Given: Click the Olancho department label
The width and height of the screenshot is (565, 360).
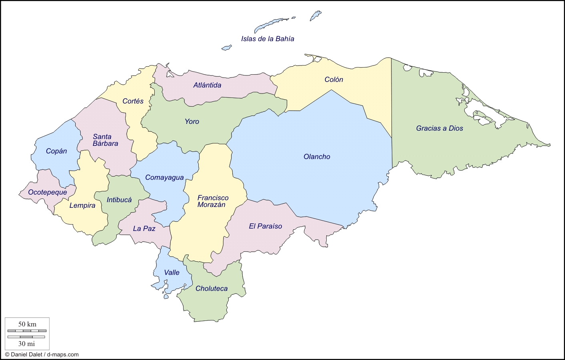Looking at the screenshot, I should [x=317, y=157].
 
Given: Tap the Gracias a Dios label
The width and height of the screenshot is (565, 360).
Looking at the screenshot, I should [x=439, y=128].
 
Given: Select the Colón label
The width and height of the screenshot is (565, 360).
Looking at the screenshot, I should [x=333, y=80].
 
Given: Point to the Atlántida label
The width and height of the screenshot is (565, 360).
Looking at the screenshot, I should [x=207, y=85].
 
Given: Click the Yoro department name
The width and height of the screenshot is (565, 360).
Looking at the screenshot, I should [x=192, y=121].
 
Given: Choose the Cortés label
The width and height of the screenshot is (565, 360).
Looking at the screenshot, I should [x=133, y=101].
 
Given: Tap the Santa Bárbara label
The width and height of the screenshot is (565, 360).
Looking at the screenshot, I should [x=105, y=140].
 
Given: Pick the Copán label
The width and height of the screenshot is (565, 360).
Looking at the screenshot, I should [x=56, y=151].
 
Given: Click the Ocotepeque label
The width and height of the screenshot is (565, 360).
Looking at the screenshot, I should [x=48, y=192].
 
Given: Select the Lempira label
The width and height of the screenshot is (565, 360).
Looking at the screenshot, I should [x=82, y=205].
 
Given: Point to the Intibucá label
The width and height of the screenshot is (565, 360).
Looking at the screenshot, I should [x=119, y=200].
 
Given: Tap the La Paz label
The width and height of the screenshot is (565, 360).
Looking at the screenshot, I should [x=144, y=229].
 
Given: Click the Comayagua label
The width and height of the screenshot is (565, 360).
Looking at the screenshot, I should [x=164, y=177].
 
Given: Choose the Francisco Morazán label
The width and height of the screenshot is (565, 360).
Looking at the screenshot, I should [x=213, y=201].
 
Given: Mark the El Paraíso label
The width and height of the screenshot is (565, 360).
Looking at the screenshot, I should [x=265, y=226].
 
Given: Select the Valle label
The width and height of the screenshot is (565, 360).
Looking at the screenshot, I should [x=172, y=272].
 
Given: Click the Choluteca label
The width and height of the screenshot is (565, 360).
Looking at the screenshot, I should [x=212, y=288].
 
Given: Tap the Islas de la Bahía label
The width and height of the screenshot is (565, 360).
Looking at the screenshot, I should [x=268, y=39].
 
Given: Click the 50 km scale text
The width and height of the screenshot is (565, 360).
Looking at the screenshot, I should [x=27, y=324].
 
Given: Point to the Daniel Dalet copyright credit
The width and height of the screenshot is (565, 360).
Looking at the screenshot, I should [x=42, y=354].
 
